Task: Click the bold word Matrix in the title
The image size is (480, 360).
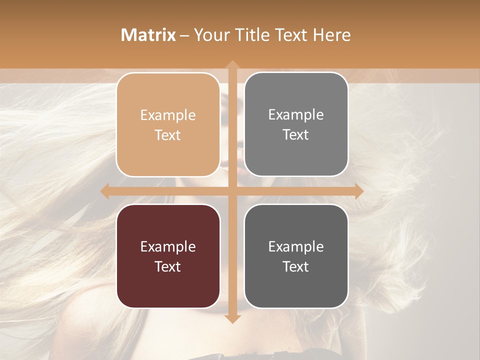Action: pyautogui.click(x=148, y=35)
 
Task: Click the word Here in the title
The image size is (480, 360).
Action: pyautogui.click(x=332, y=35)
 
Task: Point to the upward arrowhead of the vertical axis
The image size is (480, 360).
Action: pyautogui.click(x=231, y=64)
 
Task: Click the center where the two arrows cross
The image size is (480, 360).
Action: pyautogui.click(x=231, y=191)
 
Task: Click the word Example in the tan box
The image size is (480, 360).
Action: pyautogui.click(x=168, y=115)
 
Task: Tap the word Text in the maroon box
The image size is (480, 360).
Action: pyautogui.click(x=168, y=266)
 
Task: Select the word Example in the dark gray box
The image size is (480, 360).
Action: pyautogui.click(x=296, y=246)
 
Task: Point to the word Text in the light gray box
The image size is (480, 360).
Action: pyautogui.click(x=296, y=135)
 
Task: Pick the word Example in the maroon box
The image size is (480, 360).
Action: pyautogui.click(x=168, y=247)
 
